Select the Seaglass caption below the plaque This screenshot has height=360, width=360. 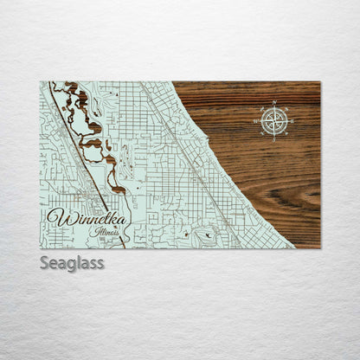coord(72,262)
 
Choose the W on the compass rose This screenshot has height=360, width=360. coord(256,121)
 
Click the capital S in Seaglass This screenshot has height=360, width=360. coord(44,262)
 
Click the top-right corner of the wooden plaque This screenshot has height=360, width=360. coord(320,81)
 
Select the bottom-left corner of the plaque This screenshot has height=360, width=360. coord(40,248)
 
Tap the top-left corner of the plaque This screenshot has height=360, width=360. coord(40,81)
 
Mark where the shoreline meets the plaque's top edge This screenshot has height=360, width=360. coord(172,82)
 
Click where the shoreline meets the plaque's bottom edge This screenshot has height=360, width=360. coord(293,247)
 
